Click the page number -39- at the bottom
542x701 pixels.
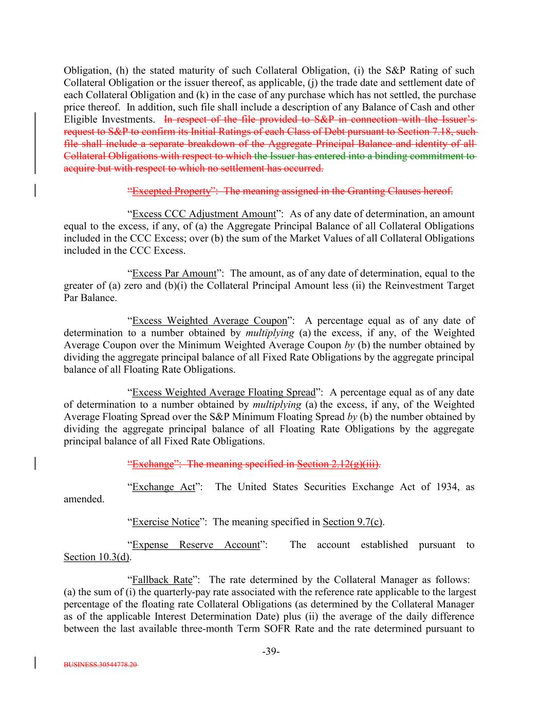(271, 651)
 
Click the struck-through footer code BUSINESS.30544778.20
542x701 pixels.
(101, 664)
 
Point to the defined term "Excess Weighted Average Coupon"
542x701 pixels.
(210, 320)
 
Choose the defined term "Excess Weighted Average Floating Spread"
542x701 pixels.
(223, 392)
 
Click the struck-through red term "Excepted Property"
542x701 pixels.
(171, 191)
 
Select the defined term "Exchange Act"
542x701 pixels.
(163, 487)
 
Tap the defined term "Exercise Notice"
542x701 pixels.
(165, 522)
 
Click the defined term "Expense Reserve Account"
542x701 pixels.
(196, 544)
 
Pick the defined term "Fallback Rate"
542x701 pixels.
(162, 579)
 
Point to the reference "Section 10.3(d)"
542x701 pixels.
(97, 557)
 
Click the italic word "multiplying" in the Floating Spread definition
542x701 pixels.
(276, 405)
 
